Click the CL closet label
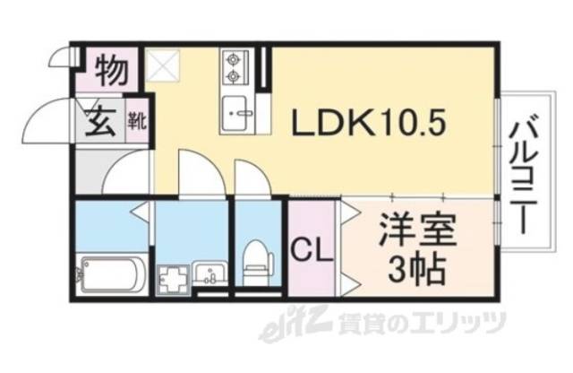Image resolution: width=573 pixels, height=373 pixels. [x=310, y=248]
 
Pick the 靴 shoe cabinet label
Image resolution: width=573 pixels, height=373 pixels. [x=137, y=117]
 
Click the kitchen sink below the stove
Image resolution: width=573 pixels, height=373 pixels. [x=236, y=109]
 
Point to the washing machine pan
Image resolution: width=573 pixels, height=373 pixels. [x=173, y=277]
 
